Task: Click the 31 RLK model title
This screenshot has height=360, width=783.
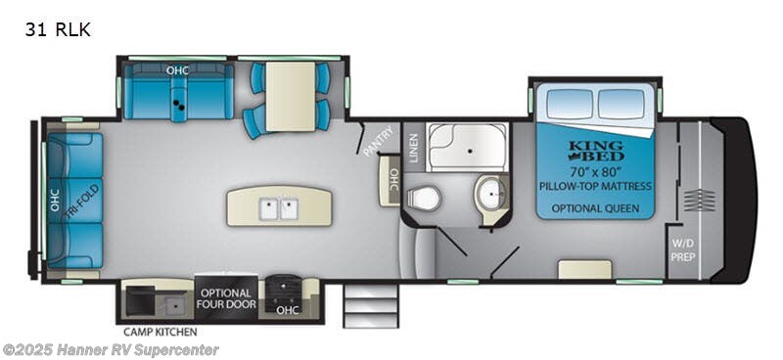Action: (x=58, y=29)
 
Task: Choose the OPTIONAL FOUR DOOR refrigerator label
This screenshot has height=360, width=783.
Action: (x=227, y=298)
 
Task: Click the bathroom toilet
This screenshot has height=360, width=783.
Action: (x=423, y=199)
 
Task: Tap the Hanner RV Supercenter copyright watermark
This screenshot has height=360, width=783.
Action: (x=110, y=349)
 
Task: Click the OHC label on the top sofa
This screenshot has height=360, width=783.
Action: (x=176, y=70)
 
